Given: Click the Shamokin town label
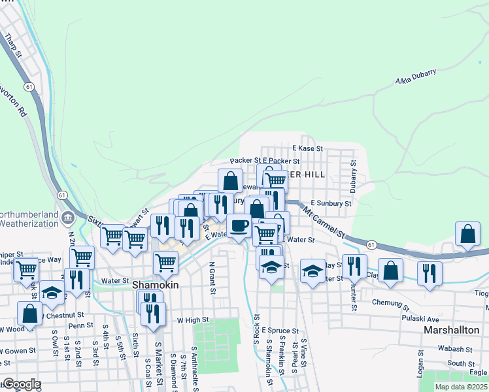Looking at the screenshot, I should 153,286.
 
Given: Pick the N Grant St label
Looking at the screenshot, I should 212,278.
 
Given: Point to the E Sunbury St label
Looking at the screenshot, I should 331,204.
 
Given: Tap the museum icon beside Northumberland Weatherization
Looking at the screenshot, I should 68,216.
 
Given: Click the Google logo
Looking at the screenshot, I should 22,384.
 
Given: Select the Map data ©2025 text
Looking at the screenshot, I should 461,387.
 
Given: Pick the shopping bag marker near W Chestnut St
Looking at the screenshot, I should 29,313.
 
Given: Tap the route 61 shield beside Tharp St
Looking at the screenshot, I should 28,86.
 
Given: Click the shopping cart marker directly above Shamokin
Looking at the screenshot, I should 165,263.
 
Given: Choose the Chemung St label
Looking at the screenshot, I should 390,304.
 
